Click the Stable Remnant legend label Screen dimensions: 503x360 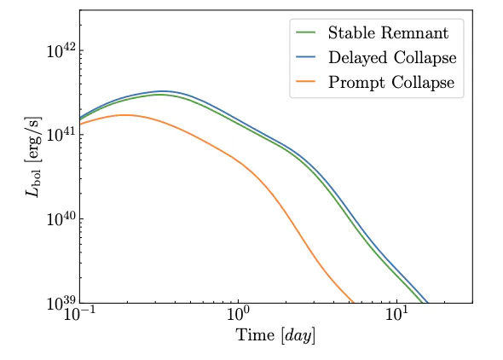388,32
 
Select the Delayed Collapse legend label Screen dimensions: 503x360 392,58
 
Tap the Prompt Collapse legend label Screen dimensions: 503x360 391,83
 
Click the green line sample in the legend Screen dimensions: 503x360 306,32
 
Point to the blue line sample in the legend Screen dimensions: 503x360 306,57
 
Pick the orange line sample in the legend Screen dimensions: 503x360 306,82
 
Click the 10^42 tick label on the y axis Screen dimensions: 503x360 61,50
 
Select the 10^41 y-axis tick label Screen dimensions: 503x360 61,134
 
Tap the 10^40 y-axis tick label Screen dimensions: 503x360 61,218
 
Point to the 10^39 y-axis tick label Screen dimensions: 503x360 61,302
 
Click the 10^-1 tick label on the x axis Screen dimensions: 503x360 80,313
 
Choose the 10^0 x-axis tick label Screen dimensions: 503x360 238,313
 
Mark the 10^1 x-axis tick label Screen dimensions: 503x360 396,313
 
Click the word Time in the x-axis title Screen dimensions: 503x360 256,335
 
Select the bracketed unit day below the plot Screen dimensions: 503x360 298,336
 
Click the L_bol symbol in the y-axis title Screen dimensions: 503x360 32,181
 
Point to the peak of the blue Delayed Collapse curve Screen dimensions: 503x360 164,91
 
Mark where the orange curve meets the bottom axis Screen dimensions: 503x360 354,303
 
